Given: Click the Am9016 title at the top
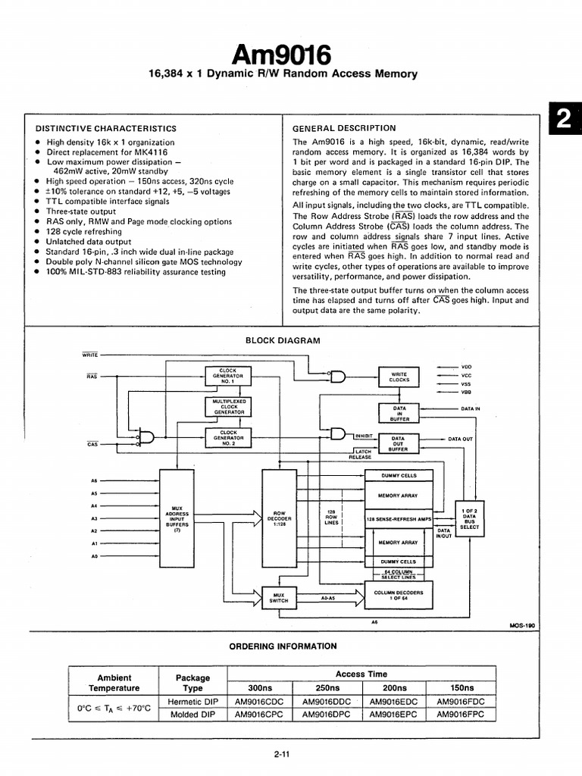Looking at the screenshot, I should [282, 55].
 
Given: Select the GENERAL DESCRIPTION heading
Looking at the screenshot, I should [344, 128].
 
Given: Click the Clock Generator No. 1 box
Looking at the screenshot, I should [228, 375].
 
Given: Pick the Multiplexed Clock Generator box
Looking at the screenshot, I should [228, 407].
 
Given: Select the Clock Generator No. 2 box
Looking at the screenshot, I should [228, 436].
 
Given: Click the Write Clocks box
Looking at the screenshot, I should [399, 376].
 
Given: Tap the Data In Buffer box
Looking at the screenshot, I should [399, 412].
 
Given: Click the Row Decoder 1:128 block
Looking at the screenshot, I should [280, 519].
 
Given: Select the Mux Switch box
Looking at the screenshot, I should [280, 598].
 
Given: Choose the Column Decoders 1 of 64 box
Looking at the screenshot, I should [399, 595].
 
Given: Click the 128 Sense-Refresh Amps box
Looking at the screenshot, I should [399, 519].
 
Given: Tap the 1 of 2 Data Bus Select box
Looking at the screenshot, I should [469, 519].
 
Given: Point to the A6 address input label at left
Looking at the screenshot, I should [94, 480].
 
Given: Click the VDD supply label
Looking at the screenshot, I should [466, 366].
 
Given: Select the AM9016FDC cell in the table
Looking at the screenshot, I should [461, 701].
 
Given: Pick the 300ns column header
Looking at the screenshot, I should [260, 687].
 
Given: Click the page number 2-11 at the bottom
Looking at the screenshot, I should [281, 753].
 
